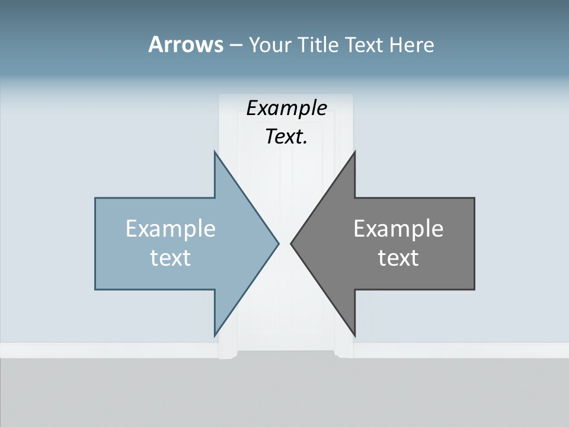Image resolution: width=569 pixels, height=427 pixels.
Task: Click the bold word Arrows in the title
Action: pyautogui.click(x=185, y=44)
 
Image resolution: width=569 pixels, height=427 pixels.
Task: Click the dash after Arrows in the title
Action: pyautogui.click(x=235, y=45)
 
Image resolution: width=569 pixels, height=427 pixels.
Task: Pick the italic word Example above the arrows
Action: pyautogui.click(x=286, y=109)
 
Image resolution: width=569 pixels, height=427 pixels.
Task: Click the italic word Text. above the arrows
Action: pyautogui.click(x=286, y=137)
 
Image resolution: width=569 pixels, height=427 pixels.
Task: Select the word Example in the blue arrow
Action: pyautogui.click(x=171, y=229)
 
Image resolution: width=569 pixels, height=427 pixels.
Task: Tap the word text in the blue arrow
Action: pyautogui.click(x=171, y=258)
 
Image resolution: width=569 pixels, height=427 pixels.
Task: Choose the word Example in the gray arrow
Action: pyautogui.click(x=398, y=229)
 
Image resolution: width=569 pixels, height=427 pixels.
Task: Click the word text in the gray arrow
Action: pyautogui.click(x=398, y=258)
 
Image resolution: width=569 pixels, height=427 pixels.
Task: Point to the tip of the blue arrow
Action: pyautogui.click(x=277, y=243)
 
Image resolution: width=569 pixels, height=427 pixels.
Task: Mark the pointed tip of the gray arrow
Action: pyautogui.click(x=292, y=243)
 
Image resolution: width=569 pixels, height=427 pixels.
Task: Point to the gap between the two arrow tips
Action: pyautogui.click(x=284, y=243)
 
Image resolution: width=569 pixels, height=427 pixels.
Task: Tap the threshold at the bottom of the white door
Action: pyautogui.click(x=286, y=354)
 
